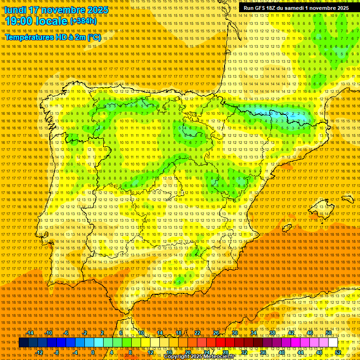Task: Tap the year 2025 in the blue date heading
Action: [97, 10]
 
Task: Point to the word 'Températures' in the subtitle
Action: [29, 37]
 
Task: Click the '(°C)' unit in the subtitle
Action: [94, 37]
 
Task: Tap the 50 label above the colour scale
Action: [329, 333]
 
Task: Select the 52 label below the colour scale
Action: [338, 352]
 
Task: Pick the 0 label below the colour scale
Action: [93, 352]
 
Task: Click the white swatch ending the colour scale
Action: [333, 343]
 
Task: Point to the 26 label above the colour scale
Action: [216, 333]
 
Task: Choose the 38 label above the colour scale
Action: [272, 333]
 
